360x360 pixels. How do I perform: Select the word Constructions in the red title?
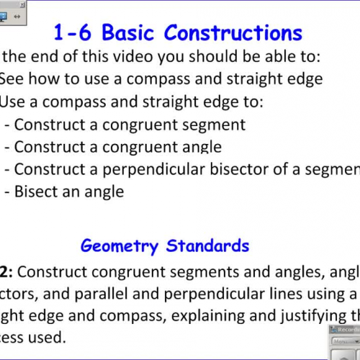(233, 33)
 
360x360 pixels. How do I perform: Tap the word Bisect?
(37, 192)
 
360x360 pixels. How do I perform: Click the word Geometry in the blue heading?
(120, 246)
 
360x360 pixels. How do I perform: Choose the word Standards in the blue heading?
(208, 246)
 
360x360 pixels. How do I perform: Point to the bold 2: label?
(6, 273)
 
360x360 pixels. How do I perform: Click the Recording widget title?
(345, 330)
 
